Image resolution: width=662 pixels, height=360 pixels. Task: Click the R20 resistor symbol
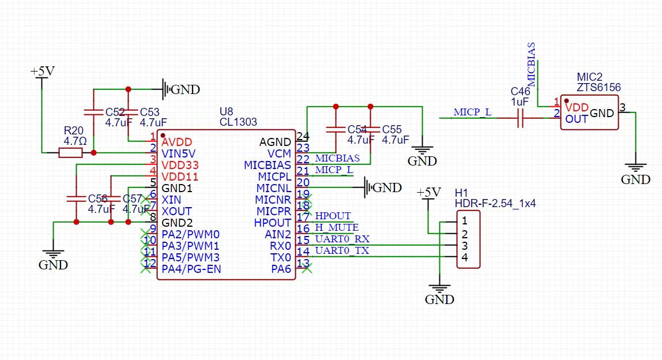70,153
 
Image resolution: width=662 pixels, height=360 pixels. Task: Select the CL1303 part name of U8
238,122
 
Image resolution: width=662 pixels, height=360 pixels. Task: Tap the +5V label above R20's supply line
43,72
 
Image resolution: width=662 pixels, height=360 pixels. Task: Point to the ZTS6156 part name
599,87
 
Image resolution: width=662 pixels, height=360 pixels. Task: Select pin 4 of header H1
464,257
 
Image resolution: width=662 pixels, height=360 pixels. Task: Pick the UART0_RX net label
343,239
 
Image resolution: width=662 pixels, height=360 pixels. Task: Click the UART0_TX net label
342,250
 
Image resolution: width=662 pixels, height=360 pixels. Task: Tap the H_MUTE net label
337,227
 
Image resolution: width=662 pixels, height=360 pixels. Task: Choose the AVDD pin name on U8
177,142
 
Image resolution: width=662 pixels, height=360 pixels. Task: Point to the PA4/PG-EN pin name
191,269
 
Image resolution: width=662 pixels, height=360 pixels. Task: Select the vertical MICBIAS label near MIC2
532,65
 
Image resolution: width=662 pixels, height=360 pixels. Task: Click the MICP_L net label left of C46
472,112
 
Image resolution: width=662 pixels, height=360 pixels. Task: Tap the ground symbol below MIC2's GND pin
635,168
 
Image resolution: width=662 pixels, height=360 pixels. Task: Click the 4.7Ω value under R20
75,140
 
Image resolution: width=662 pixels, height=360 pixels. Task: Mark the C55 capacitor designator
392,130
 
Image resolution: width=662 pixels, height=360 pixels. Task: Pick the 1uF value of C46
520,102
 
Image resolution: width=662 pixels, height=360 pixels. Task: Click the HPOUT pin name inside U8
273,223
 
